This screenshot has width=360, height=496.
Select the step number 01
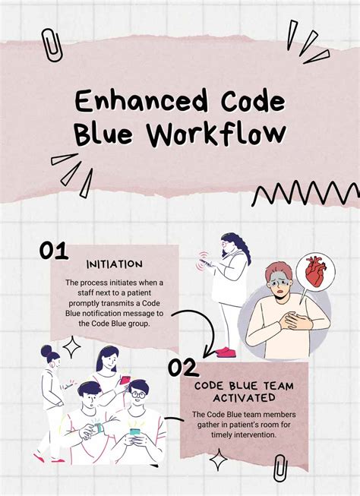pos(55,251)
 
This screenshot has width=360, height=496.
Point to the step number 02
pos(183,368)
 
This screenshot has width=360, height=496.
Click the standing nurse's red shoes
pos(226,351)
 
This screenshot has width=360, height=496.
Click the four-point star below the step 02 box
pos(219,460)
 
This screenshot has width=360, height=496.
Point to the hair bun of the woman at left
pos(48,351)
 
